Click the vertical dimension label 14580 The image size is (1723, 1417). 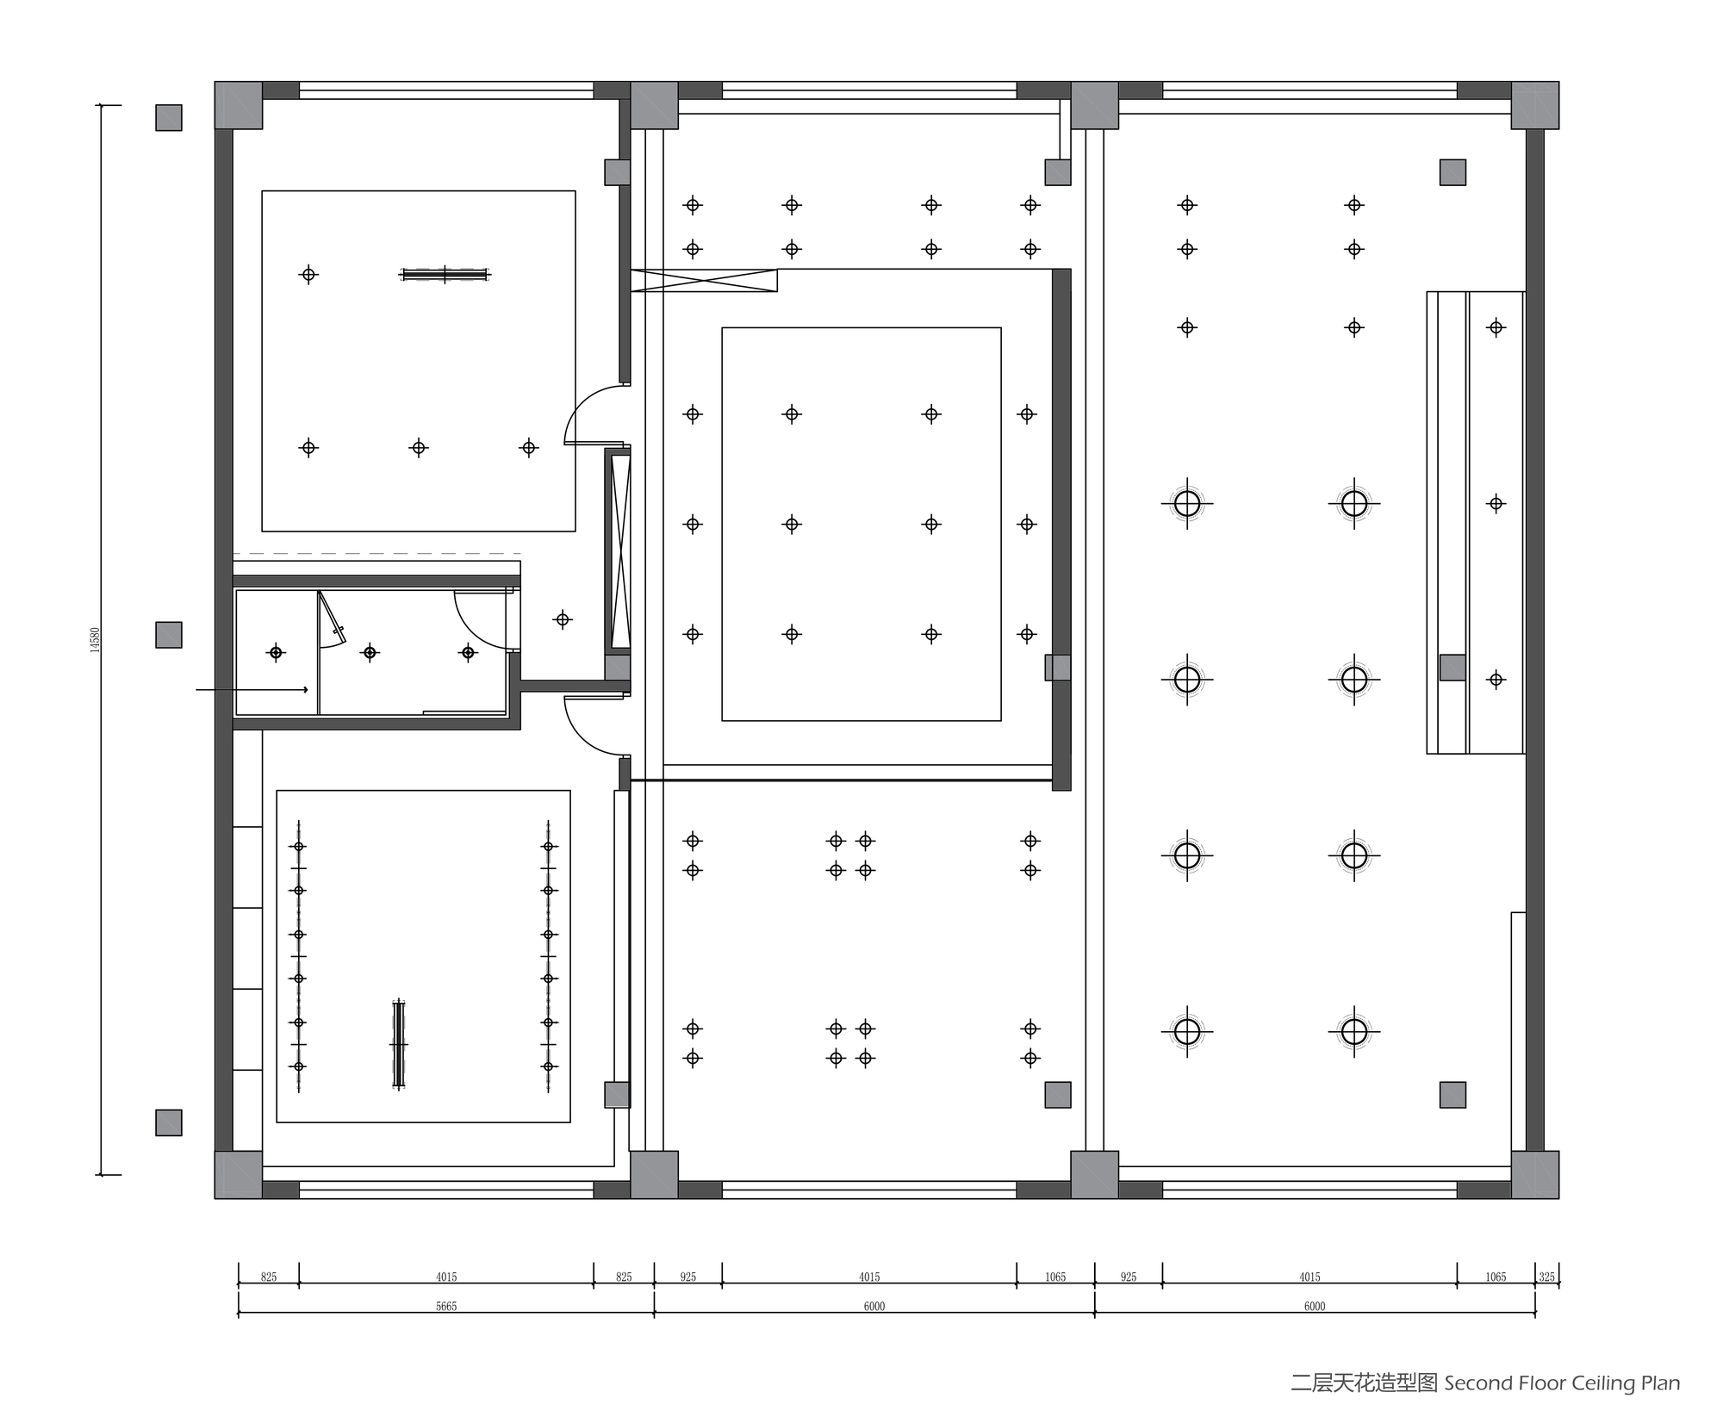96,640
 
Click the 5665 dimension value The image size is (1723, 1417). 446,1307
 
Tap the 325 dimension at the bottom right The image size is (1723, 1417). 1547,1277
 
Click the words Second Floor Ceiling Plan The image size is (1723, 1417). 1562,1383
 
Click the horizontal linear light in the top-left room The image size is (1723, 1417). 445,275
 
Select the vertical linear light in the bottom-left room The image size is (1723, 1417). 398,1044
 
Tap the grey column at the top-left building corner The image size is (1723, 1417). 238,105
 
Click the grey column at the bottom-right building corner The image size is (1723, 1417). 1534,1174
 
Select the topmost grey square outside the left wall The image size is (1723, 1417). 169,118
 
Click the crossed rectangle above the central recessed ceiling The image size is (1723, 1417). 704,280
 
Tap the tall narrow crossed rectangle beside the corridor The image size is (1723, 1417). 620,551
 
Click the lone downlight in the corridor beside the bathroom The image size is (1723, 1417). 563,619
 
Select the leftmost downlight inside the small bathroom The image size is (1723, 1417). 276,652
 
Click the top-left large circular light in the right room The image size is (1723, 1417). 1187,503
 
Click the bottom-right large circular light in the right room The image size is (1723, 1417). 1354,1031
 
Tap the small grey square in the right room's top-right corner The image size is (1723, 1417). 1452,172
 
